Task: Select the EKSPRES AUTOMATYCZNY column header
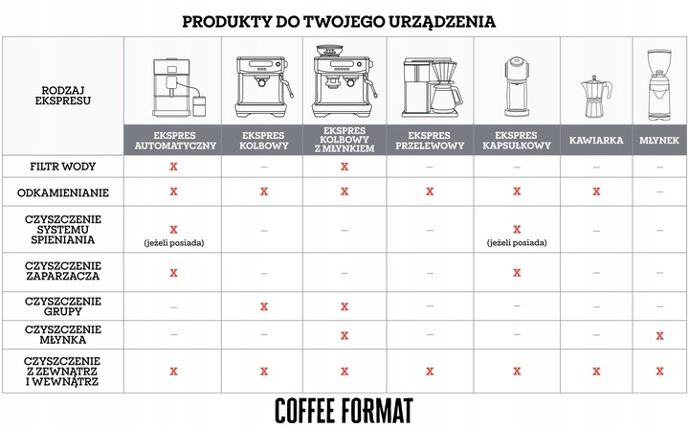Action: pos(173,140)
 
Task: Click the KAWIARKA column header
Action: pos(595,140)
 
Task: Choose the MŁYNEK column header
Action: pos(660,140)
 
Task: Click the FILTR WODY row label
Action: pos(61,166)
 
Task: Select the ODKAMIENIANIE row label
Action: pos(61,191)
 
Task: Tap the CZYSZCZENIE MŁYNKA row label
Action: pos(61,334)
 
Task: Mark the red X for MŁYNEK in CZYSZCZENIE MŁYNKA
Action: pos(660,334)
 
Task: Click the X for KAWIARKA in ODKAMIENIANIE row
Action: pos(595,191)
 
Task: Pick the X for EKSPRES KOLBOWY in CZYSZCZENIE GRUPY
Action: pos(262,306)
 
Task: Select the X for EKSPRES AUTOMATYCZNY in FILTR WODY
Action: pos(173,166)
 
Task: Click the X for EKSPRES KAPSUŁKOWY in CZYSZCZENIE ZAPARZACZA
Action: pos(516,273)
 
